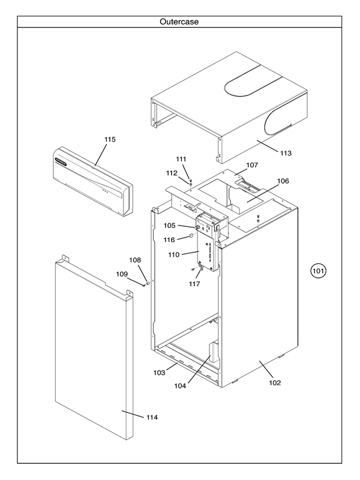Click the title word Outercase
point(179,22)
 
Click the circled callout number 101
point(318,271)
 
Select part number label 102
point(275,383)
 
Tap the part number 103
point(159,373)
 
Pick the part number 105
point(170,226)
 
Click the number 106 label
point(283,181)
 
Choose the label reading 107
point(252,164)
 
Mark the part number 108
point(136,260)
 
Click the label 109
point(122,274)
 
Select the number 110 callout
point(173,255)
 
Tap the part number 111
point(181,159)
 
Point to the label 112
point(172,173)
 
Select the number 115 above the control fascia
point(110,139)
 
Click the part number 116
point(170,239)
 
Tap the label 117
point(193,284)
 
